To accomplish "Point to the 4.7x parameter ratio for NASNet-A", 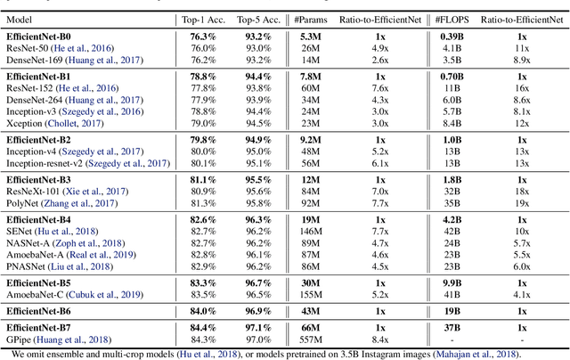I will point(356,241).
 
